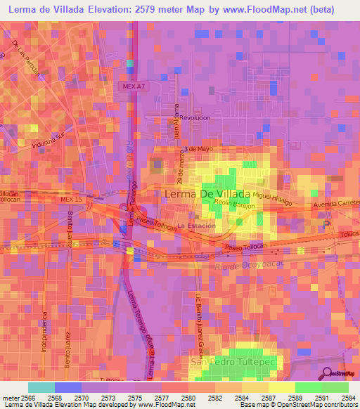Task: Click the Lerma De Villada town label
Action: coord(207,193)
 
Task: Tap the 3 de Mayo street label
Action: coord(199,149)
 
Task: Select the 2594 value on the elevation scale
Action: coord(348,398)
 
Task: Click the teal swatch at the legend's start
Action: coord(41,387)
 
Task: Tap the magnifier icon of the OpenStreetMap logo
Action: coord(328,373)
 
